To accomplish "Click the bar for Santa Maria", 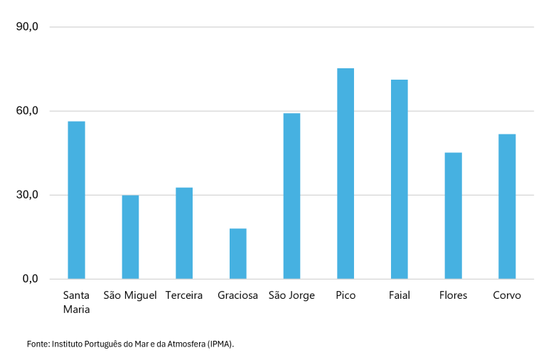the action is (76, 200).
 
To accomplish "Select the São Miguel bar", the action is (130, 237).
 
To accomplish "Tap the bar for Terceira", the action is (184, 233).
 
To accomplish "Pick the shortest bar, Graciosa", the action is (238, 254).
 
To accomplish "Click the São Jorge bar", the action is (291, 196).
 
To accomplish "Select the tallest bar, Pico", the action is (346, 174).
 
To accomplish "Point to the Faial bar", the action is (400, 179).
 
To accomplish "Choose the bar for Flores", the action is (454, 216).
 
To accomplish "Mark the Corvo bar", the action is (507, 206).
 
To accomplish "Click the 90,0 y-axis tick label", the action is (27, 27).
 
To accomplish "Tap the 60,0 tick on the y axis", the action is (27, 111).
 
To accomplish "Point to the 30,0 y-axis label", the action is (27, 195).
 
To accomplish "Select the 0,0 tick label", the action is (31, 279).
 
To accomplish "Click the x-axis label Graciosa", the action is (238, 295).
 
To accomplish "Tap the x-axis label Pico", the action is (346, 295).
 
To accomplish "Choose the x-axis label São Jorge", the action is (291, 295).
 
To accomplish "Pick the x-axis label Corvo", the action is (507, 295).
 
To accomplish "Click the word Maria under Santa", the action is (76, 309).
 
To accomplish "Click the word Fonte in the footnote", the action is (38, 344).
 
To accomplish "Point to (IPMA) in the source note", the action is (220, 344).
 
